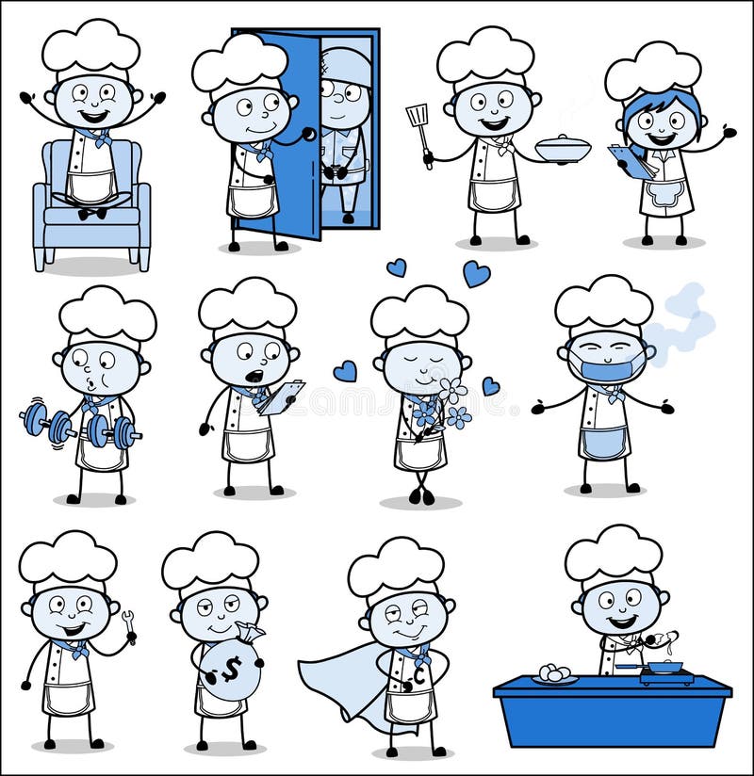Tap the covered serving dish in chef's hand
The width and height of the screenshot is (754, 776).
[563, 149]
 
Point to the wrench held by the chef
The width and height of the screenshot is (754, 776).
[129, 622]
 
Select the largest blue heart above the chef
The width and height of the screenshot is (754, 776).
[476, 274]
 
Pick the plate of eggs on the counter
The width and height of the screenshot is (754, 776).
[554, 673]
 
